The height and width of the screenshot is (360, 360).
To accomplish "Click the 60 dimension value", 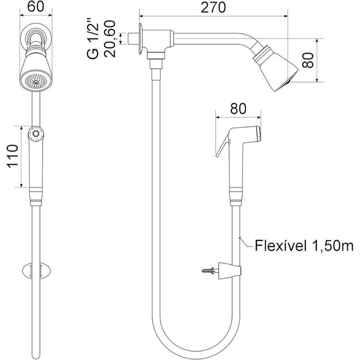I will pos(35,7).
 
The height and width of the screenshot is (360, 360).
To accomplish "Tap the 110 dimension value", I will pos(12,156).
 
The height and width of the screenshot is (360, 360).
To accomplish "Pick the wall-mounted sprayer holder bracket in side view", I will pos(232,270).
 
